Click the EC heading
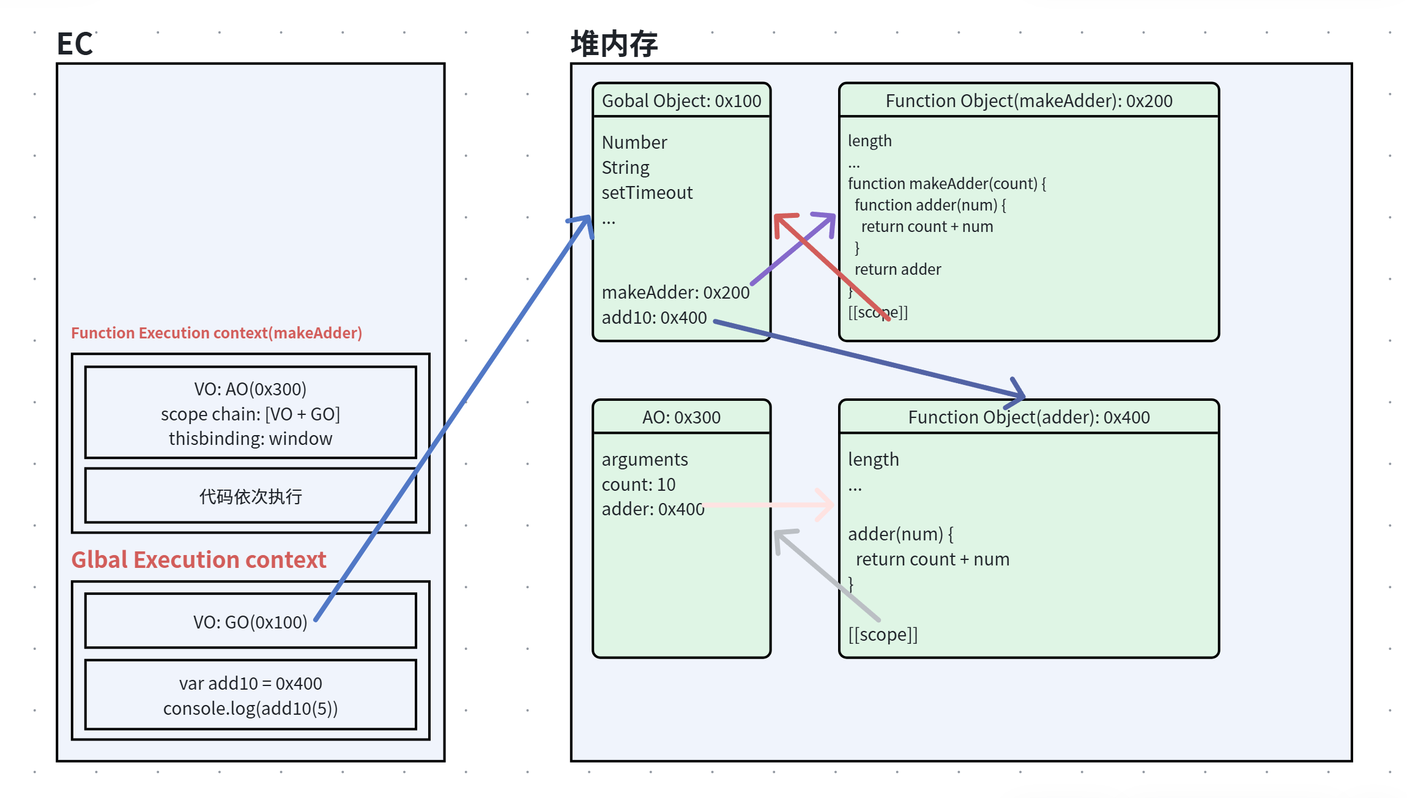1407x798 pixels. tap(75, 44)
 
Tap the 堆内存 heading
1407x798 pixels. tap(614, 44)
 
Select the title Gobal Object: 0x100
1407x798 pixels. tap(681, 101)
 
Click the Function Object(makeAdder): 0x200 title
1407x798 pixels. tap(1029, 101)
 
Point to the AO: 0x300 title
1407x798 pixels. tap(681, 417)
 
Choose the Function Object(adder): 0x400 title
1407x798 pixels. tap(1029, 417)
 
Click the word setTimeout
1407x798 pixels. tap(647, 193)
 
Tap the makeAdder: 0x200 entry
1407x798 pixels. tap(675, 293)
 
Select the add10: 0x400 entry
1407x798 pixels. tap(654, 318)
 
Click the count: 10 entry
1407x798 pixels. tap(639, 485)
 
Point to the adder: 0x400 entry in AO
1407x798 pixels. tap(653, 509)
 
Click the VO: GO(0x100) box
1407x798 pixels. tap(250, 622)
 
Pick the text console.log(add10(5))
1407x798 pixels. tap(250, 708)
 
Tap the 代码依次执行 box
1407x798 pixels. tap(250, 496)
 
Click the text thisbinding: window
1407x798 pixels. tap(250, 439)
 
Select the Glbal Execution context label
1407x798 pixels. tap(199, 560)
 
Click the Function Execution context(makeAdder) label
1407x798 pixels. tap(217, 333)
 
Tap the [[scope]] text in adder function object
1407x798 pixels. tap(883, 635)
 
